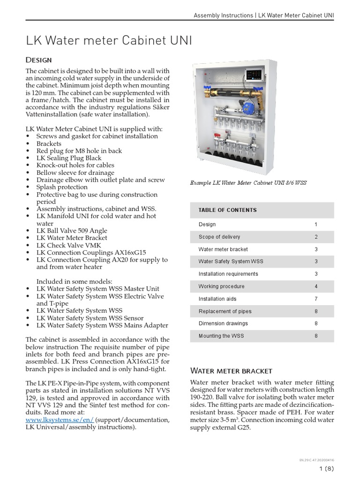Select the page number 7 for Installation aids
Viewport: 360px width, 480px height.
316,299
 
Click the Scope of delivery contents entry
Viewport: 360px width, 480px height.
219,237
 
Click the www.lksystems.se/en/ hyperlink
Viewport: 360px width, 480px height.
60,420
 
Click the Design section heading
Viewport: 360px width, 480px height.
38,60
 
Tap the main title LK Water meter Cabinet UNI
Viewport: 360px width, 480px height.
109,41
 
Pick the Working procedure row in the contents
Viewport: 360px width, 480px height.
221,286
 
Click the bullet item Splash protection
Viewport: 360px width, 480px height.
62,187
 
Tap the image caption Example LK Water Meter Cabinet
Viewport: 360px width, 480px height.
248,183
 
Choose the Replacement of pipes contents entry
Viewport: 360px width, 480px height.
225,311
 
